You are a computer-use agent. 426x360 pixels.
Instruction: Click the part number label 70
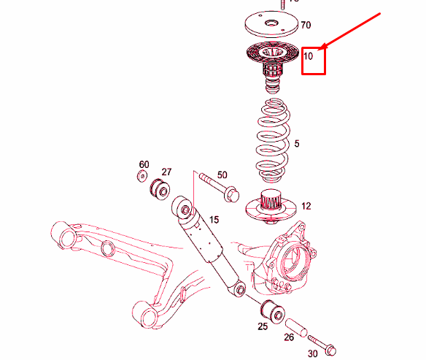click(x=306, y=25)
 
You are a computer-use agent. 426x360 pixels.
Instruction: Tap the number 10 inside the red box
click(x=309, y=55)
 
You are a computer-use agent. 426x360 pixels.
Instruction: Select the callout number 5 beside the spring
click(x=297, y=144)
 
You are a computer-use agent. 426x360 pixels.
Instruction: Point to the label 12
click(x=306, y=207)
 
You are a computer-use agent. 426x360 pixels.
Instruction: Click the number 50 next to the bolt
click(x=222, y=175)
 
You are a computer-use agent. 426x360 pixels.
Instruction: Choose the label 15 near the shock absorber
click(x=214, y=219)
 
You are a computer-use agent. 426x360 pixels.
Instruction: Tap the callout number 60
click(x=144, y=164)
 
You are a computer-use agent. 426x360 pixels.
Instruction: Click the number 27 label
click(x=166, y=172)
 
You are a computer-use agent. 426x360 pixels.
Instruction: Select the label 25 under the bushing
click(x=263, y=326)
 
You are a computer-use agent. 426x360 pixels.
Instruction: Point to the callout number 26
click(x=289, y=337)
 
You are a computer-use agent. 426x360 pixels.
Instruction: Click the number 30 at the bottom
click(x=313, y=353)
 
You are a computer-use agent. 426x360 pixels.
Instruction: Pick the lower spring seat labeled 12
click(x=271, y=208)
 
